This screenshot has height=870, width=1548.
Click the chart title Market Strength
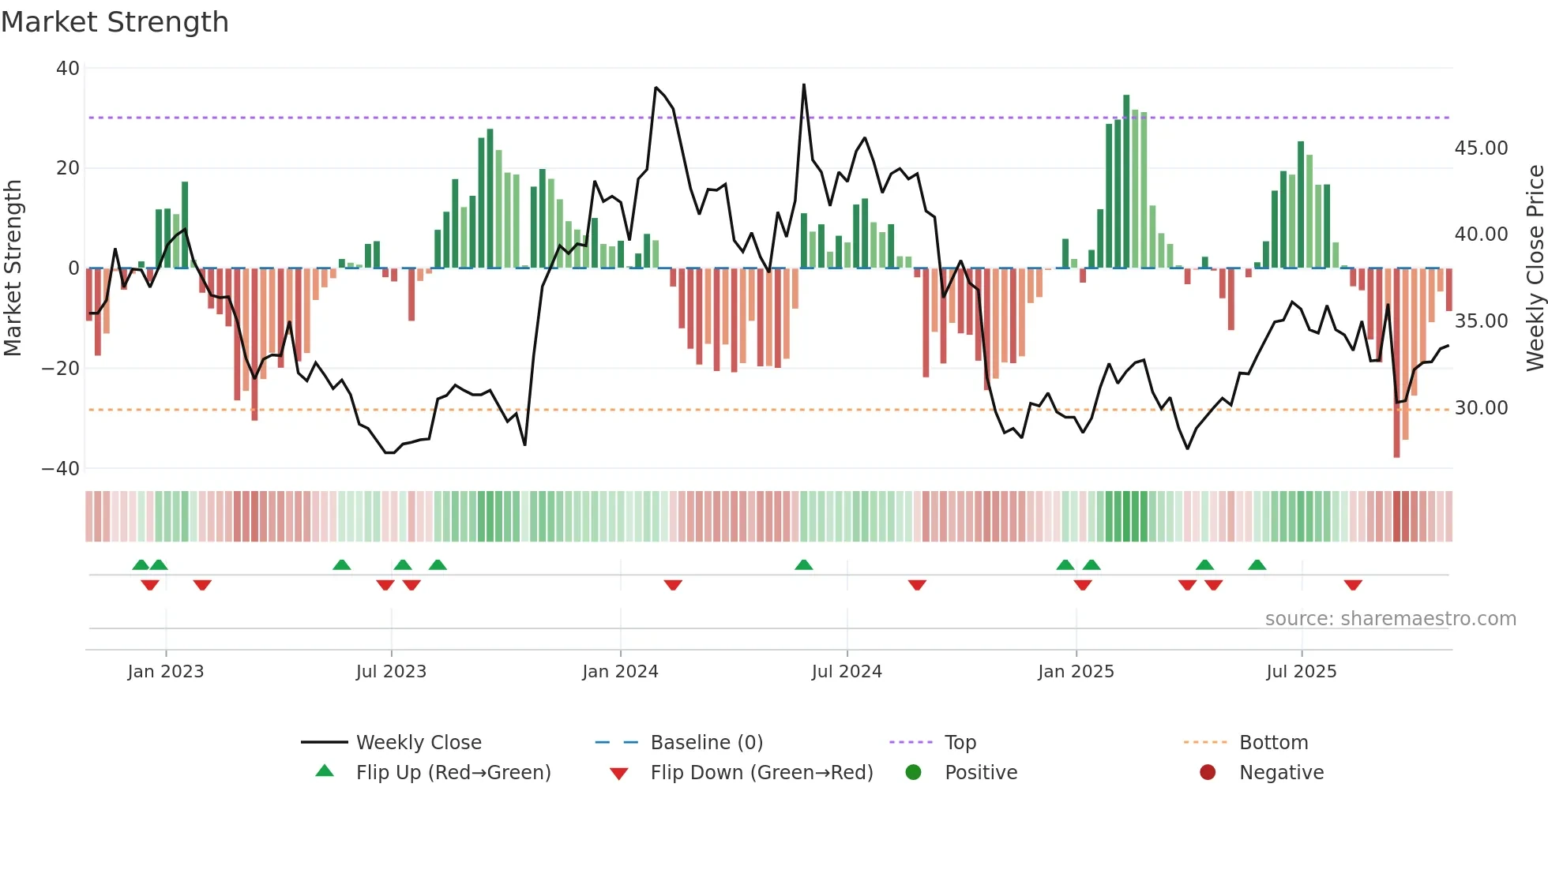(x=115, y=22)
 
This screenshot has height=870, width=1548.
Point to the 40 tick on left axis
(x=68, y=69)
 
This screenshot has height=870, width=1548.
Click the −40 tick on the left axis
(x=61, y=468)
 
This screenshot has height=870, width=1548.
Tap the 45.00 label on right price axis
(x=1481, y=148)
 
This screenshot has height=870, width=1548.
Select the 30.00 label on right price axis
(x=1481, y=408)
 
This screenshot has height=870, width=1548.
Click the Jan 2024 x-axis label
(x=620, y=672)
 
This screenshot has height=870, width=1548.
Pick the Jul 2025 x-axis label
(x=1301, y=672)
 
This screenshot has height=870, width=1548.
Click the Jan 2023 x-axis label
(x=166, y=672)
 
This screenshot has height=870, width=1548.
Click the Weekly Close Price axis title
(x=1535, y=268)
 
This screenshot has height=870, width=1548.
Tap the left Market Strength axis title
(x=13, y=268)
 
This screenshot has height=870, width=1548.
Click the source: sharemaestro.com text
(x=1390, y=619)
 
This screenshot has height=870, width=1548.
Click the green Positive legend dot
(x=914, y=773)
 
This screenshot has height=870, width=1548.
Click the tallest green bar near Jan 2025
(x=1126, y=182)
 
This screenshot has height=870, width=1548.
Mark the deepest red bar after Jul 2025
(x=1396, y=363)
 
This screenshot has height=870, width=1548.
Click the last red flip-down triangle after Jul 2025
(x=1353, y=586)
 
